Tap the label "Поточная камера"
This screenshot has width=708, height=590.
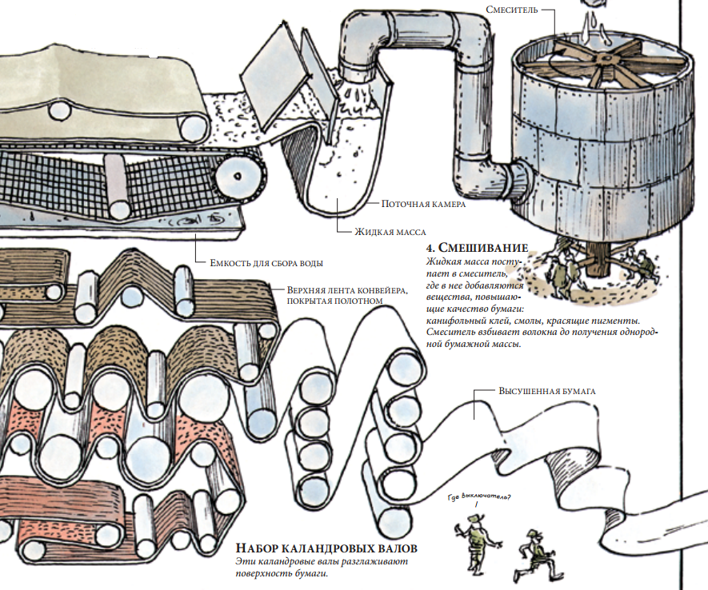(423, 204)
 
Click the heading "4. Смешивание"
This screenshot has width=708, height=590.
(478, 247)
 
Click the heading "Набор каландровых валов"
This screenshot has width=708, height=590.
(328, 549)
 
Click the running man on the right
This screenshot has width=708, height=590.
(534, 552)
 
